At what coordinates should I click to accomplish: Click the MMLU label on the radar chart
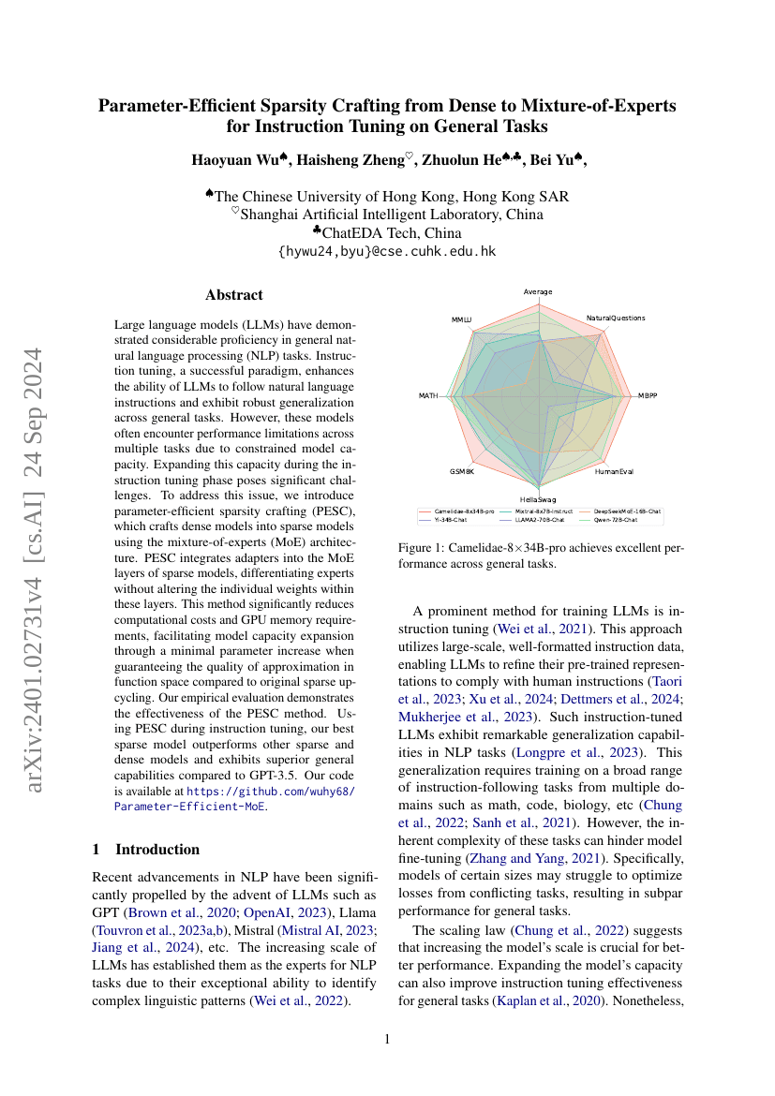(x=460, y=320)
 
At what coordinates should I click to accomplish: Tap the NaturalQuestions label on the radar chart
(x=616, y=318)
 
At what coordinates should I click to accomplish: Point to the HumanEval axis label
(x=614, y=471)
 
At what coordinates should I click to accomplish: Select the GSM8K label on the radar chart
(x=462, y=471)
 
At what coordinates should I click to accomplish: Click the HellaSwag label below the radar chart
(x=538, y=500)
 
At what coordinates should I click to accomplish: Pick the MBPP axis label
(x=648, y=396)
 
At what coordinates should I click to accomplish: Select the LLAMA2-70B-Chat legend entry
(x=540, y=519)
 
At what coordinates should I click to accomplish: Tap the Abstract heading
(x=233, y=295)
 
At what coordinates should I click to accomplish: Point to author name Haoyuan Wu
(x=236, y=159)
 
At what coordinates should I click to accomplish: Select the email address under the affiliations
(x=387, y=251)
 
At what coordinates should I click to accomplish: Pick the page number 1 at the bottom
(x=388, y=1039)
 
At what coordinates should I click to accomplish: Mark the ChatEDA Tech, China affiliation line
(x=387, y=232)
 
